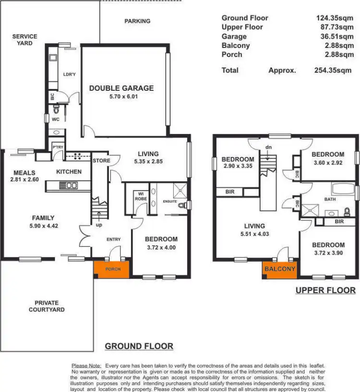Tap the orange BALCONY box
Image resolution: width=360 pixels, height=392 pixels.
279,269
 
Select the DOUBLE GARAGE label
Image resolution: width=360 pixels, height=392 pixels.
121,88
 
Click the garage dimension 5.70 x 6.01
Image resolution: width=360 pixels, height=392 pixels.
121,97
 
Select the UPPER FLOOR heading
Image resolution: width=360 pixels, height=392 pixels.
325,290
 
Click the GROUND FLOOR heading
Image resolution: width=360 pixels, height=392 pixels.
139,346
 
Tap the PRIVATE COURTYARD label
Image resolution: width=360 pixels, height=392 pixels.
47,306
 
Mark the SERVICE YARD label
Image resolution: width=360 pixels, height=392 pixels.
24,40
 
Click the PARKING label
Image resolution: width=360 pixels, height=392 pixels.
137,21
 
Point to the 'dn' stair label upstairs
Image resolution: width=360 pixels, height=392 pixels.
268,147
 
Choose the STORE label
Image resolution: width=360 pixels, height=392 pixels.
101,160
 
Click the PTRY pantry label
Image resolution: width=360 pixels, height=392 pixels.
58,147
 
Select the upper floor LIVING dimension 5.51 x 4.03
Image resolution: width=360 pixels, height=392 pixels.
254,234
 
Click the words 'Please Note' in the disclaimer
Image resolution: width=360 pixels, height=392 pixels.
86,366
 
